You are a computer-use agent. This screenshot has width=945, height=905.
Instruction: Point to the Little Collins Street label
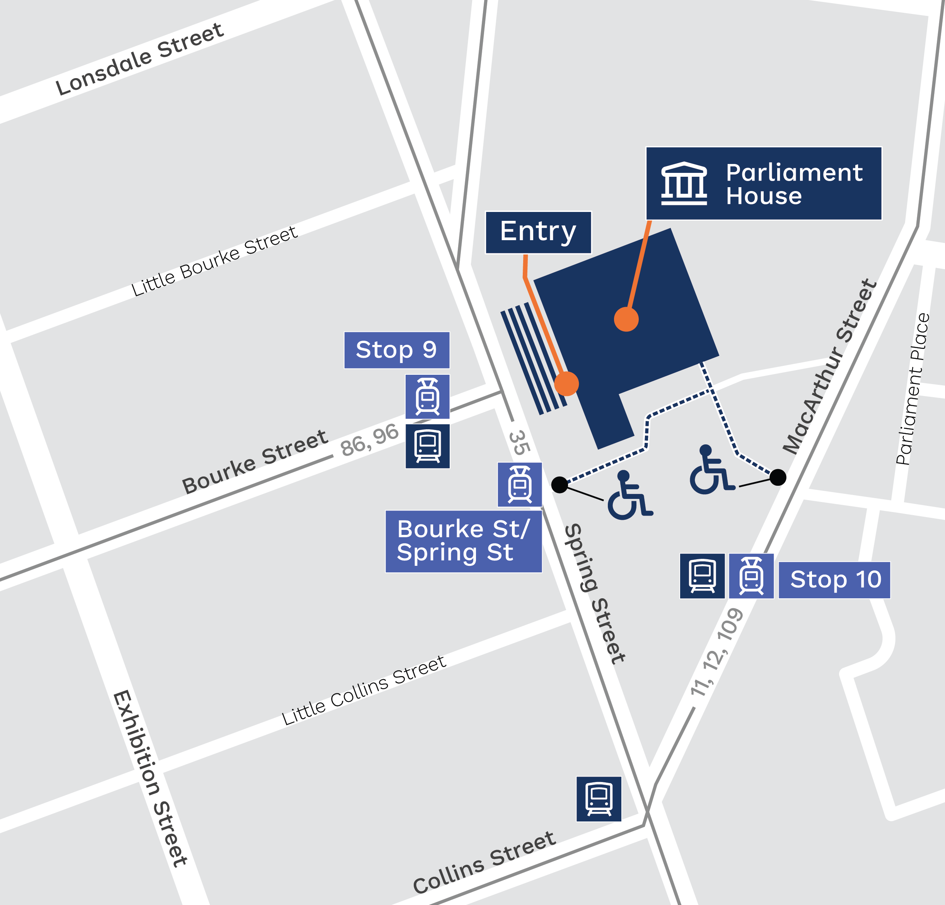click(364, 690)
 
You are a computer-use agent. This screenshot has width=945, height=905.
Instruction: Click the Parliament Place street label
click(913, 389)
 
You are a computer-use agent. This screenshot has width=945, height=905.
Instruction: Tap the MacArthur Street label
click(829, 366)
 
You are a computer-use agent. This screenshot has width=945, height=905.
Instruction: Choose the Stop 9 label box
click(396, 350)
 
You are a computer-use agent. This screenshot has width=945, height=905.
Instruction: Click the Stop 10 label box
click(834, 580)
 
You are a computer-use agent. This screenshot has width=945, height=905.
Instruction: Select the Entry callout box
click(538, 232)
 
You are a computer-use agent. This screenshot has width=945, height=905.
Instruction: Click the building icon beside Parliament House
click(684, 184)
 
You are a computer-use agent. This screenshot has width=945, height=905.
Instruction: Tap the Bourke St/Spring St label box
click(463, 541)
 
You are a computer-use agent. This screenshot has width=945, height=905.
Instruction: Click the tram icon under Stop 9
click(427, 397)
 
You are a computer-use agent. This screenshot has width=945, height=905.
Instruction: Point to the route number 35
click(519, 442)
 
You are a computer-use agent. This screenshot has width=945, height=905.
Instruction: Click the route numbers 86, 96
click(369, 440)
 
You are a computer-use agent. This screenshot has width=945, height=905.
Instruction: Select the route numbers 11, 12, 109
click(717, 652)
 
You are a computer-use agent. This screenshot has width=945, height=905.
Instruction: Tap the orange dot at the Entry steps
click(566, 384)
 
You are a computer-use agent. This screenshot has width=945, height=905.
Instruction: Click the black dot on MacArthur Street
click(778, 477)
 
